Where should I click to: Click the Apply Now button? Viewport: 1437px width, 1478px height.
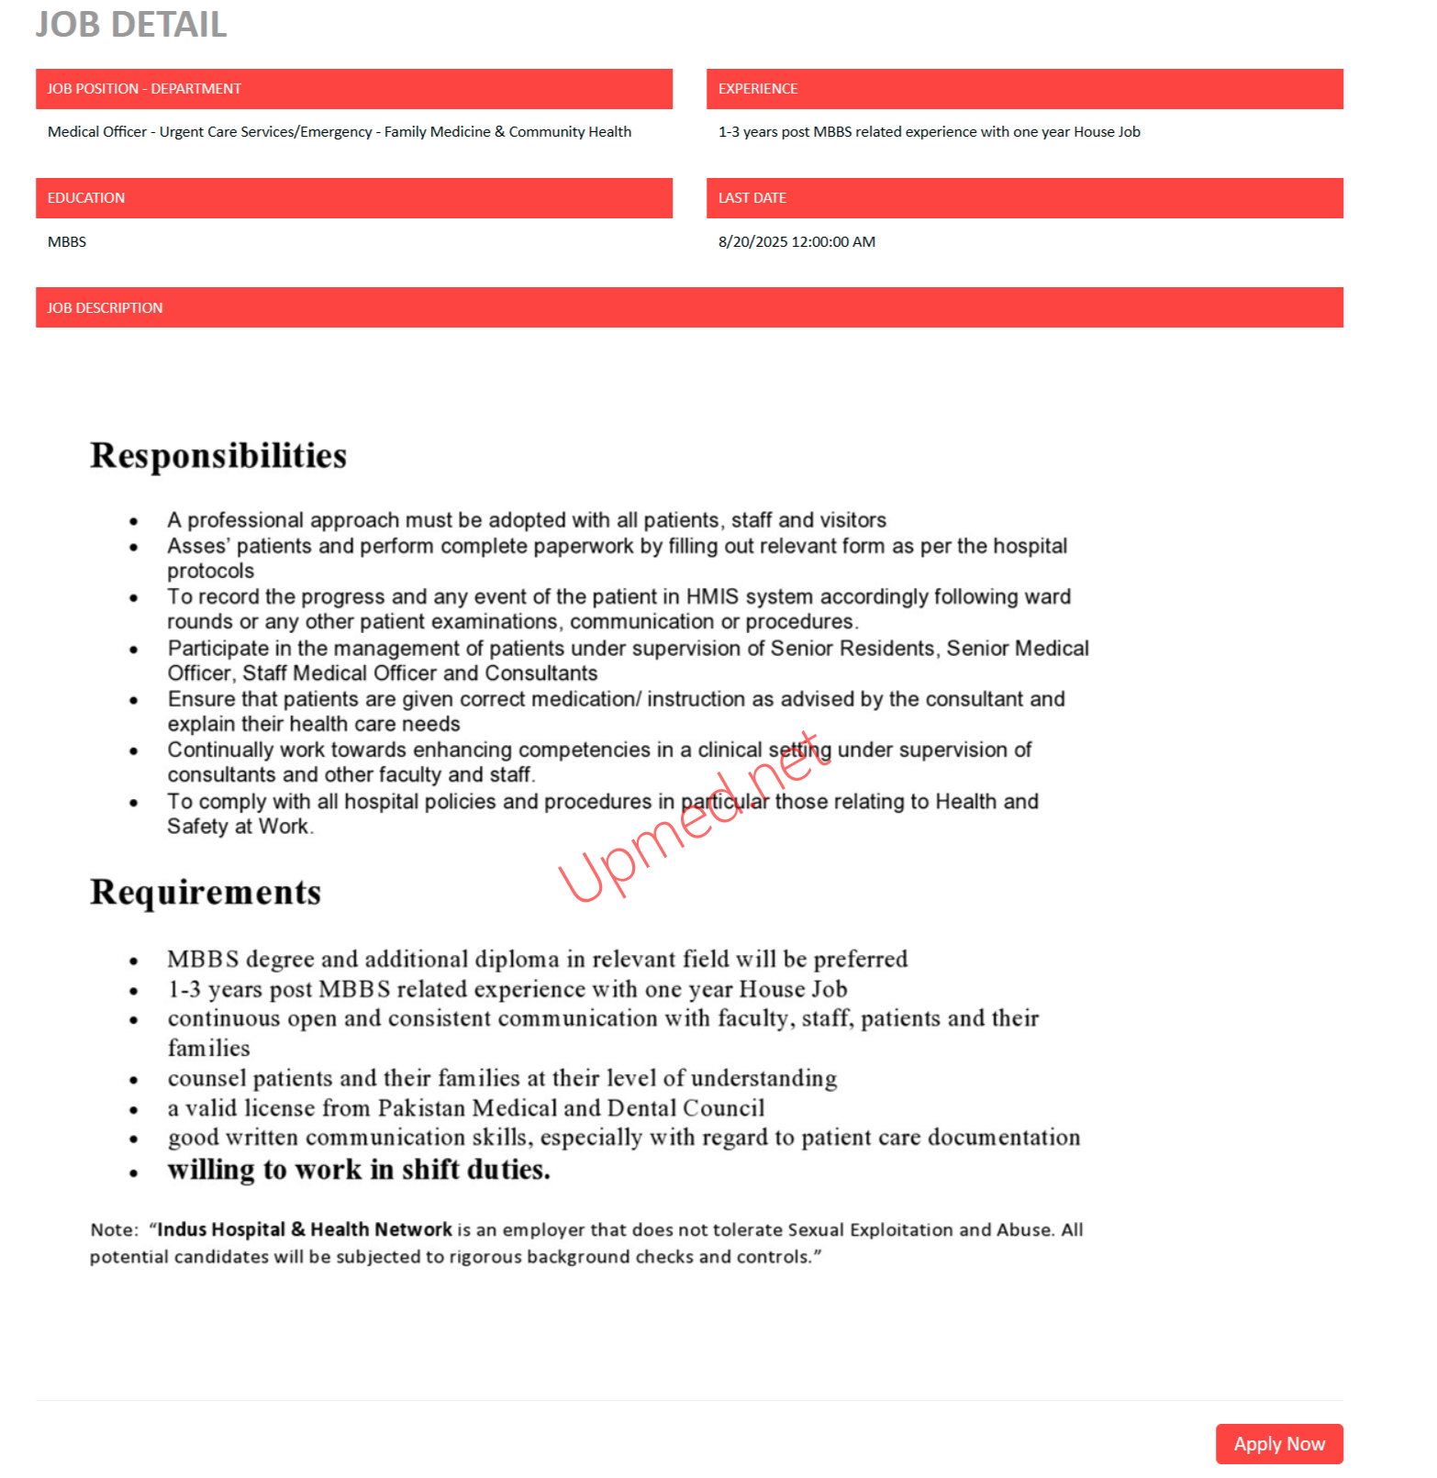(1278, 1443)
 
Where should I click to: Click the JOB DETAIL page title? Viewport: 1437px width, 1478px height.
(131, 25)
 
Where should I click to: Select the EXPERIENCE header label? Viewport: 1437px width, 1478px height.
(757, 89)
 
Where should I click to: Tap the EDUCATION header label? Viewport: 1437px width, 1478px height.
(86, 198)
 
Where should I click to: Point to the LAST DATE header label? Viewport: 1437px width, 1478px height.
(752, 198)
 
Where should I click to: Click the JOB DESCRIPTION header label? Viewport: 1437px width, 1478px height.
(105, 308)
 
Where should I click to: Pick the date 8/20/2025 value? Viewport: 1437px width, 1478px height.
(753, 242)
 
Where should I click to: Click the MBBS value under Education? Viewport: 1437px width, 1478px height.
(67, 242)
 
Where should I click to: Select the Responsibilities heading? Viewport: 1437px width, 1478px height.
(218, 456)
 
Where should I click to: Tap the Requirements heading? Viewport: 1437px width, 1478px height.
(206, 893)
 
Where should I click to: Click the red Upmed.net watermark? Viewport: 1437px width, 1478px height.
(688, 817)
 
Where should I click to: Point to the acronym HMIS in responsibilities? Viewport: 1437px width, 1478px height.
(712, 597)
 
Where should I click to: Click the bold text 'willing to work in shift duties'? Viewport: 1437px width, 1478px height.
(358, 1170)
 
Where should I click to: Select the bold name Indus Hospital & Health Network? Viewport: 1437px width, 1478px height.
(305, 1229)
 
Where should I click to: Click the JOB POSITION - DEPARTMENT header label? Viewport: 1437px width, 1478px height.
(144, 89)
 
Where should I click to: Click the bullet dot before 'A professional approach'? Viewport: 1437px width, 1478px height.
(134, 522)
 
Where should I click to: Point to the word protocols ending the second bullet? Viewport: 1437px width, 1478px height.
(210, 571)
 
